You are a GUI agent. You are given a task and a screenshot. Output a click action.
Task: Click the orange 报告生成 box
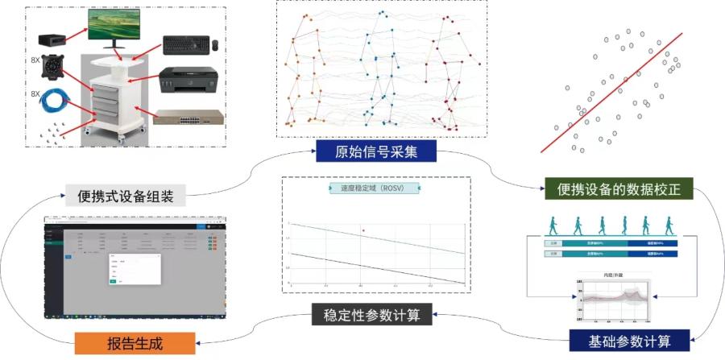135,343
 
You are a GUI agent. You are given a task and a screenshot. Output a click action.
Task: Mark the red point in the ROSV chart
364,230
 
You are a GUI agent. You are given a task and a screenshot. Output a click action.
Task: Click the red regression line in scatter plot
612,92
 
